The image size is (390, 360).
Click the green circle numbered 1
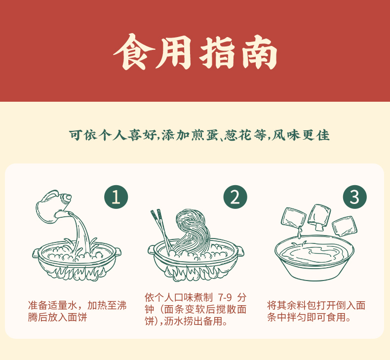click(116, 197)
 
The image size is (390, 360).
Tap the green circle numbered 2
click(235, 197)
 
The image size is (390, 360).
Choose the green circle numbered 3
click(354, 197)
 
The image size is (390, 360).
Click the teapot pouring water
click(53, 206)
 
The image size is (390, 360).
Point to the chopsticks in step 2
click(161, 230)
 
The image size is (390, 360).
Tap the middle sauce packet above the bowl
click(319, 216)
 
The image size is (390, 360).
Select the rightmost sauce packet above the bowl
click(345, 226)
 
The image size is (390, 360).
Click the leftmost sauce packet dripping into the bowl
click(294, 218)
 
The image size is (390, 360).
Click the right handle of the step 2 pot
click(240, 251)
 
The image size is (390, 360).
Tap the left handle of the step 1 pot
click(36, 253)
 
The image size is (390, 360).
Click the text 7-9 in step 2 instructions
click(225, 297)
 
